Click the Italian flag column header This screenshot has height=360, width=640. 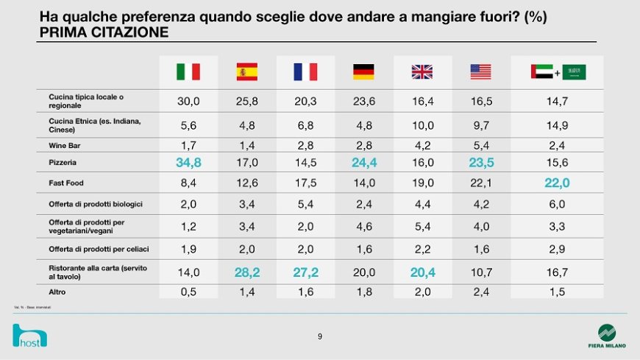point(188,71)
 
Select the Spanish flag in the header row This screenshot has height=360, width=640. point(246,71)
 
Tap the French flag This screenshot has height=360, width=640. point(305,71)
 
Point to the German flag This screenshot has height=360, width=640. point(363,71)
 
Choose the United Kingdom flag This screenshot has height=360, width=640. point(422,71)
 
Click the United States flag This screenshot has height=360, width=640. point(480,71)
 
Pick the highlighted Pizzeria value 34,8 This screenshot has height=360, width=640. point(188,162)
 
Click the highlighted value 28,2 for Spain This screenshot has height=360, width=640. point(246,272)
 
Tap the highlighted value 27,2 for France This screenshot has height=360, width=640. point(305,272)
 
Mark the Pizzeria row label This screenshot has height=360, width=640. point(63,162)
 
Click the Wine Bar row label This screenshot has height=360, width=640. point(65,145)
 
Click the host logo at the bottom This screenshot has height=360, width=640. point(29,336)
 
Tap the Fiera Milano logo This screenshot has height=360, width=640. point(607,335)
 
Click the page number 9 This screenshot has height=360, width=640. point(319,336)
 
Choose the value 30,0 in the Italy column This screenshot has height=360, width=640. point(188,102)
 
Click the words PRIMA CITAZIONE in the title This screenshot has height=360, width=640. point(103,32)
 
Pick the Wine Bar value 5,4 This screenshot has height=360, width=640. point(480,145)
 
